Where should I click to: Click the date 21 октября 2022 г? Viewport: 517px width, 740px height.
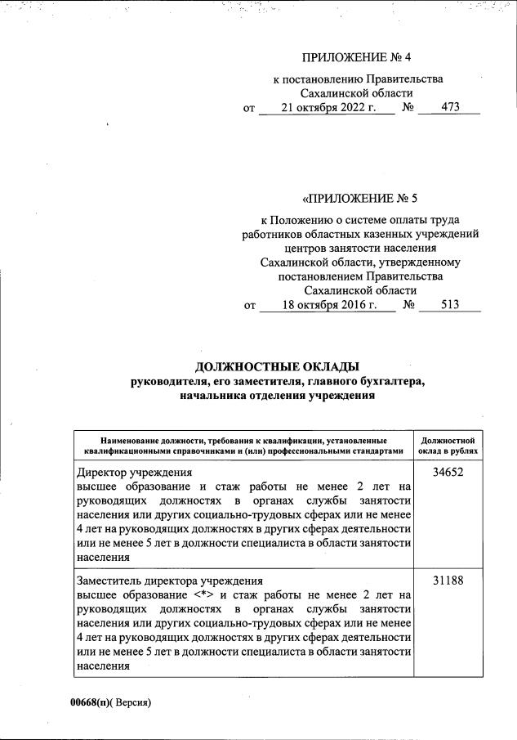coord(326,107)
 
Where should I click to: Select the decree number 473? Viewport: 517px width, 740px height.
coord(448,107)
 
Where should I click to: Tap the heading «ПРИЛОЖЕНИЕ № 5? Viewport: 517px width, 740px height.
coord(359,198)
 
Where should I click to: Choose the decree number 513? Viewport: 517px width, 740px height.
coord(449,305)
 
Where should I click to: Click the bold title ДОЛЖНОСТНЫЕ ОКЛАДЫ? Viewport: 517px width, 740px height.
coord(278,366)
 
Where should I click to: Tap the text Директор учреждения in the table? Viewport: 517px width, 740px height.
coord(134,473)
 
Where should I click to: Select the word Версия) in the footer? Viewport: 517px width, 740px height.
coord(133,702)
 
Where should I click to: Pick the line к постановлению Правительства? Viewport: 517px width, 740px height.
coord(358,79)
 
